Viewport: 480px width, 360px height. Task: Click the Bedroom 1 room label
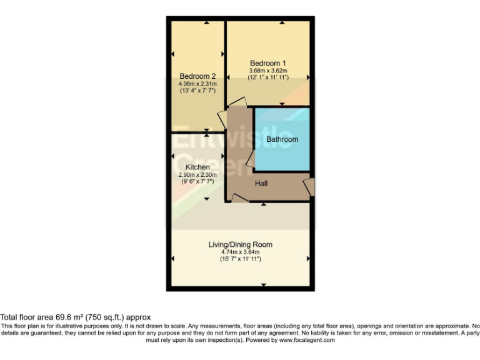click(268, 63)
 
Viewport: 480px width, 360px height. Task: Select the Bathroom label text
click(282, 139)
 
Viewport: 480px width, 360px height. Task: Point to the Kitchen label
click(197, 167)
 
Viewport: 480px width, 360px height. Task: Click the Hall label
click(262, 184)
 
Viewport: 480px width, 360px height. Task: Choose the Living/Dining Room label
click(240, 244)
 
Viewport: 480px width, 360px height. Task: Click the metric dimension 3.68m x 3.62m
click(268, 71)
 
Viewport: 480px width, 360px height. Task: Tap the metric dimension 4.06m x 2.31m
click(197, 84)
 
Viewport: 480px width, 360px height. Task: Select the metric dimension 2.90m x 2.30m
click(197, 175)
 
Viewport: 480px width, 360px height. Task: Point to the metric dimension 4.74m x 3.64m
click(240, 252)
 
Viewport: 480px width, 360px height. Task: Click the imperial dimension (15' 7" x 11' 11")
click(240, 259)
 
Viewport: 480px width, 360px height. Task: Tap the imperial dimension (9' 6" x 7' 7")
click(197, 182)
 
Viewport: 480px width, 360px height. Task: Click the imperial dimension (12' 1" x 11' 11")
click(268, 77)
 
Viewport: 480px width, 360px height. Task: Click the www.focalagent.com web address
click(307, 341)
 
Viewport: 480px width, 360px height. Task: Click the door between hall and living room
click(239, 197)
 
